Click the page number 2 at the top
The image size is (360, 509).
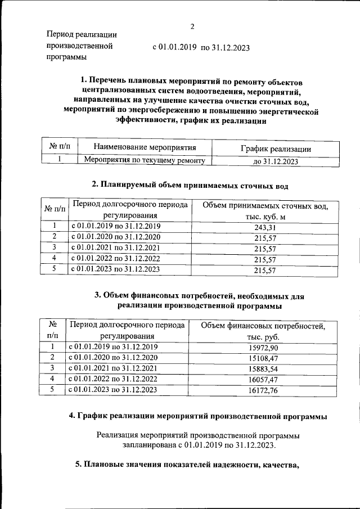pyautogui.click(x=192, y=26)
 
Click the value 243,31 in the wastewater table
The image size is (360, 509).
pyautogui.click(x=264, y=227)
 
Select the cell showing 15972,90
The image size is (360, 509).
pyautogui.click(x=263, y=347)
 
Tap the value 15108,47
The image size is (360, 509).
pyautogui.click(x=263, y=358)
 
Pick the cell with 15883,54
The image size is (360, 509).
pyautogui.click(x=263, y=368)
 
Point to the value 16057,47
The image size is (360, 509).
pyautogui.click(x=263, y=379)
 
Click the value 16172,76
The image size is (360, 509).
pyautogui.click(x=263, y=390)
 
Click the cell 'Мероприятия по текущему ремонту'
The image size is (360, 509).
pyautogui.click(x=144, y=160)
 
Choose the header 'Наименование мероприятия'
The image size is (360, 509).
pyautogui.click(x=145, y=148)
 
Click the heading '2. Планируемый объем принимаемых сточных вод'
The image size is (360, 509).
pyautogui.click(x=190, y=184)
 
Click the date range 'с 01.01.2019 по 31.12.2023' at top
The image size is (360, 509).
pyautogui.click(x=201, y=48)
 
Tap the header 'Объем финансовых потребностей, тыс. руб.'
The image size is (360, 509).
pyautogui.click(x=263, y=331)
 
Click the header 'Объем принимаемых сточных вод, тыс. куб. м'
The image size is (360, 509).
pyautogui.click(x=264, y=211)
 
